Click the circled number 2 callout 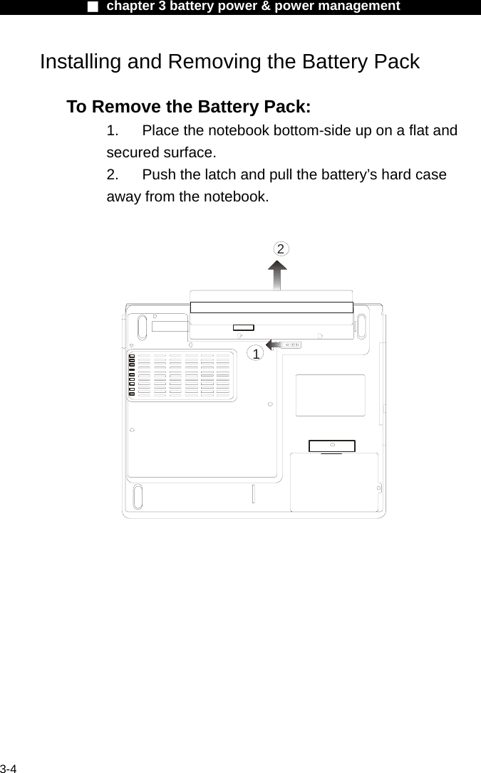(282, 248)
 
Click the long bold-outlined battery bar (271, 307)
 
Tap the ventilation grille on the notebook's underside (184, 375)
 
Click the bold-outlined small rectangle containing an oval (332, 446)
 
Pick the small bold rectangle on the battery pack (243, 327)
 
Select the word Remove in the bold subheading (125, 107)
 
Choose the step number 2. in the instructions (113, 174)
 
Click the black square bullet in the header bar (92, 6)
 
